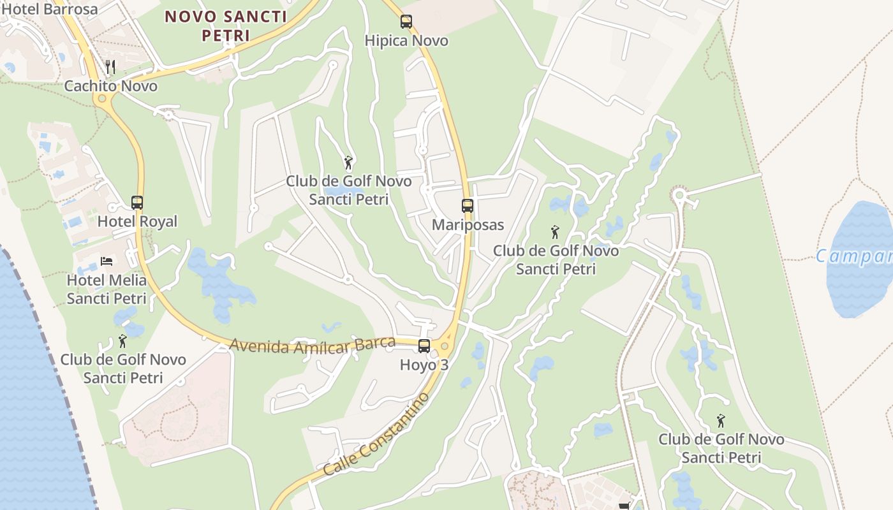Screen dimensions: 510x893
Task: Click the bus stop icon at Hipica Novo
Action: point(406,22)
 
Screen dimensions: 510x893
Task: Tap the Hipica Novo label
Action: point(406,41)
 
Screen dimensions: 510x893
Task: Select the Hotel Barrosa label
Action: point(50,9)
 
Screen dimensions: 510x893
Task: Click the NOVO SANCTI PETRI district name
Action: point(226,25)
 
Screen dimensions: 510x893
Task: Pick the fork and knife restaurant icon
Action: point(110,66)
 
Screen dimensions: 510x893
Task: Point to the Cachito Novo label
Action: point(110,86)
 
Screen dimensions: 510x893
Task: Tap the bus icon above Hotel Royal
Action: point(137,203)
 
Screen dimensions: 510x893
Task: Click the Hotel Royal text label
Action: point(137,222)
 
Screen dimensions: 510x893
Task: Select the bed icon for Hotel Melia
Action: point(107,261)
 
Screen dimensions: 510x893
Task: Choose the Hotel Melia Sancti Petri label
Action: point(107,289)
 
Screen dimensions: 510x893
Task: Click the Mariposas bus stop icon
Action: point(468,206)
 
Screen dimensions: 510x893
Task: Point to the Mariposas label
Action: point(468,225)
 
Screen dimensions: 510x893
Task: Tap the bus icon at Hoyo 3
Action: point(424,346)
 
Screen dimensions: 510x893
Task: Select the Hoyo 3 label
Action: point(424,365)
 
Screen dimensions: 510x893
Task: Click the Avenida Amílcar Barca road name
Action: point(313,345)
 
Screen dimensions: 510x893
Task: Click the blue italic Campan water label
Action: point(853,257)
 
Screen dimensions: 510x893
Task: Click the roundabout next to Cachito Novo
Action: point(101,99)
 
